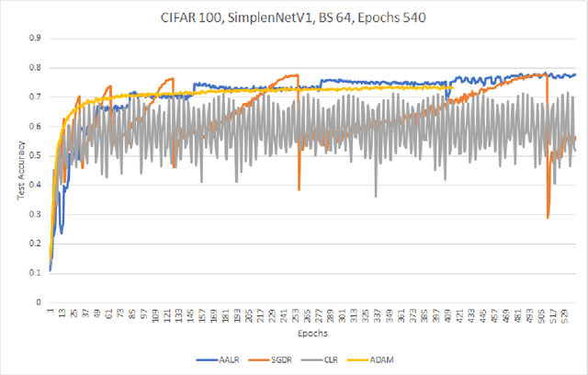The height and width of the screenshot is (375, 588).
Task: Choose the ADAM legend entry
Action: tap(381, 360)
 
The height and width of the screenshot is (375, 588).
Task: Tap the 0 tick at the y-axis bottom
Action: tap(39, 302)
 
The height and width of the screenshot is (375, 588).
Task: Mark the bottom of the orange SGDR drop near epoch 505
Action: tap(548, 218)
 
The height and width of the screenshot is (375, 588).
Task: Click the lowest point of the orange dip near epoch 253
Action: tap(300, 190)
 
